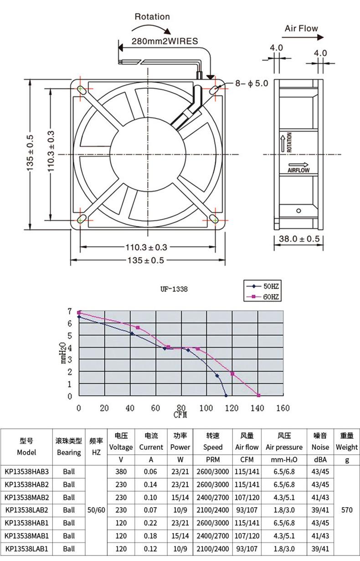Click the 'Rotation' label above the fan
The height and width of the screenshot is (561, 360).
click(152, 17)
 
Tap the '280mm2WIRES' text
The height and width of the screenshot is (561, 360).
click(165, 41)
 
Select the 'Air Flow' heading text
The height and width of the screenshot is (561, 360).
click(301, 28)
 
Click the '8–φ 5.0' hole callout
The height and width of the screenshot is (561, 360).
click(252, 83)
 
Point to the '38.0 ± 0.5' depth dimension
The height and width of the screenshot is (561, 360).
click(299, 239)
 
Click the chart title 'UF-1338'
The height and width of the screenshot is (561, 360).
click(174, 289)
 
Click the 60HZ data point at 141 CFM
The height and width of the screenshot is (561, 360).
click(258, 395)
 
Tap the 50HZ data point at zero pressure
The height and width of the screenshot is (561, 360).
click(226, 395)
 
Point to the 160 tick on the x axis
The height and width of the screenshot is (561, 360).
click(283, 408)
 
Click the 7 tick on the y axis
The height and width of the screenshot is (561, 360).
click(70, 311)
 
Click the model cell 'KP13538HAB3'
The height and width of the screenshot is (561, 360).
click(26, 471)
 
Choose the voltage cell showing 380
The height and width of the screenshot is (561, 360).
click(121, 471)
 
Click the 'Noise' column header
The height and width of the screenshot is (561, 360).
click(320, 447)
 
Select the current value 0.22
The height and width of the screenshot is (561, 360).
click(151, 523)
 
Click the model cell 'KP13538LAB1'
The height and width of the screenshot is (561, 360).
click(26, 549)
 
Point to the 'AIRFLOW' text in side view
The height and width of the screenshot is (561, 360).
click(298, 170)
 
